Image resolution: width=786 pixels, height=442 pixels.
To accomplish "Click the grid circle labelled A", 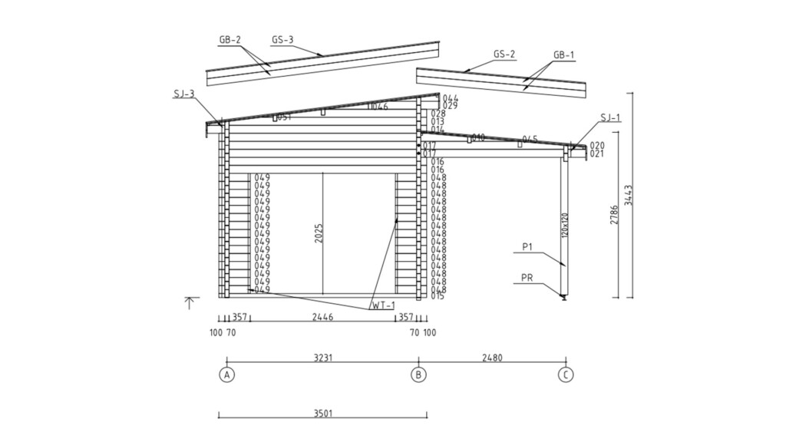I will [x=226, y=375].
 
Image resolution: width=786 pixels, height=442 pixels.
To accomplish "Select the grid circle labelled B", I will [x=418, y=375].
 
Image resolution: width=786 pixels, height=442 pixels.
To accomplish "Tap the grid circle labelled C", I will [x=566, y=375].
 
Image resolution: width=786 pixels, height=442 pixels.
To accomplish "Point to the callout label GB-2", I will [x=230, y=40].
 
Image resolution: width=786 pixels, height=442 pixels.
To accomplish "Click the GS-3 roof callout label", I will [x=282, y=40].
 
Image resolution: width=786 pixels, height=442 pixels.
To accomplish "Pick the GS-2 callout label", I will [x=504, y=54].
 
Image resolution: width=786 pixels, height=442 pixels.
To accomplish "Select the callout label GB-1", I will [x=563, y=55].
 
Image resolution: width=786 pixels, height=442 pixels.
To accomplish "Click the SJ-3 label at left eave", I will [x=183, y=94].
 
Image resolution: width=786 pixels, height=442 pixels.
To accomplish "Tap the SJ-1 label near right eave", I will [x=610, y=117].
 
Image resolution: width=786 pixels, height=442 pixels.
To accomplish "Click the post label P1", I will [x=527, y=246].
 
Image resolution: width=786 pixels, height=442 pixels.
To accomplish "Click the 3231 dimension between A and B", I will [x=323, y=357].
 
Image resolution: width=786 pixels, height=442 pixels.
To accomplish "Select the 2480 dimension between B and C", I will [x=493, y=357].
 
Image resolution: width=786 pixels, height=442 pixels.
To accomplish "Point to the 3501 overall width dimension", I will [x=323, y=413].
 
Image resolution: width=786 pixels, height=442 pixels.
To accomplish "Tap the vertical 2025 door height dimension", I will [x=319, y=234].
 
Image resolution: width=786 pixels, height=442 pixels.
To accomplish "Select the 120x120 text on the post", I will [x=563, y=224].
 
